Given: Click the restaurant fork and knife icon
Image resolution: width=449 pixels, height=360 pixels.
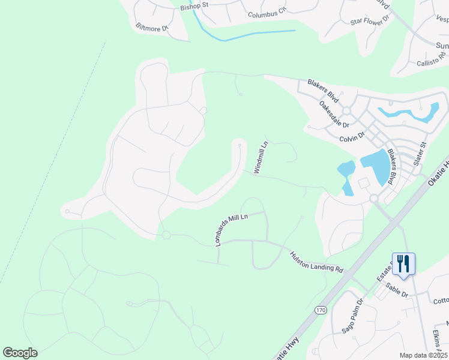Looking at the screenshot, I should click(x=403, y=263).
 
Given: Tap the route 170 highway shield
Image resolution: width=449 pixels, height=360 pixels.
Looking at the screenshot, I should click(x=321, y=310).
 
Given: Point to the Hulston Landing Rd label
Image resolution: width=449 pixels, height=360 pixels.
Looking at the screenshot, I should click(x=316, y=262).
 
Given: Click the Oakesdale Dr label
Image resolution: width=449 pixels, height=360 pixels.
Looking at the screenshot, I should click(x=334, y=114).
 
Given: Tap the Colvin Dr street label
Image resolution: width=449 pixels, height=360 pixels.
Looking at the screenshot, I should click(x=352, y=137).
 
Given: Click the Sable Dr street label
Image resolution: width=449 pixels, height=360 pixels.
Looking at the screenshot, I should click(x=397, y=291).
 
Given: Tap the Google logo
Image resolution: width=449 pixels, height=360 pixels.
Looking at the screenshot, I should click(x=20, y=353).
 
